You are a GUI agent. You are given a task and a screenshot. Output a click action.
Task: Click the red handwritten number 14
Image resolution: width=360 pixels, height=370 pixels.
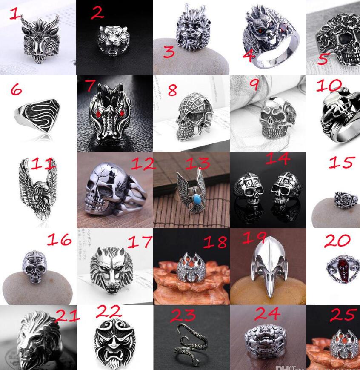(277, 159)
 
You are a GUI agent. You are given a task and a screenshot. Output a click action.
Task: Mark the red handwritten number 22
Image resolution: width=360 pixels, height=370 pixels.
(108, 312)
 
